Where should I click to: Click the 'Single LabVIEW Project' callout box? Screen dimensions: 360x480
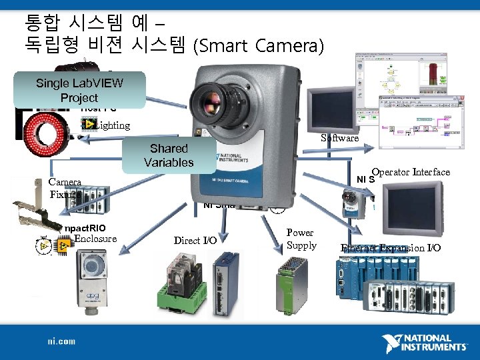pos(79,90)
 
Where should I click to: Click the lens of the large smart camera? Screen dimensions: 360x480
pos(223,100)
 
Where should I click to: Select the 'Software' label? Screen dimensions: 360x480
pos(340,138)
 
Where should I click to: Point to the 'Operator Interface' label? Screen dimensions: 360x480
pos(411,172)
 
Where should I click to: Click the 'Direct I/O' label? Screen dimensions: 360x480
pos(195,241)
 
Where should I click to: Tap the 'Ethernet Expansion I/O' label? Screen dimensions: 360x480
pos(391,248)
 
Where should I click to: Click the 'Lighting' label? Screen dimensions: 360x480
pos(111,125)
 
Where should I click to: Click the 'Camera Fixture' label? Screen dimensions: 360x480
pos(65,188)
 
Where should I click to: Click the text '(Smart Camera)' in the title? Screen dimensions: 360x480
pos(258,46)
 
